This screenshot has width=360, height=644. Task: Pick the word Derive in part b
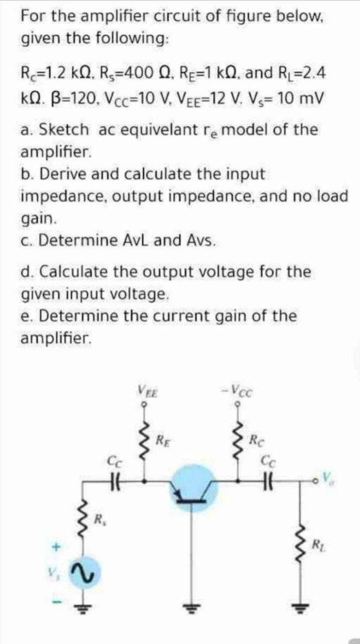pos(62,174)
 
